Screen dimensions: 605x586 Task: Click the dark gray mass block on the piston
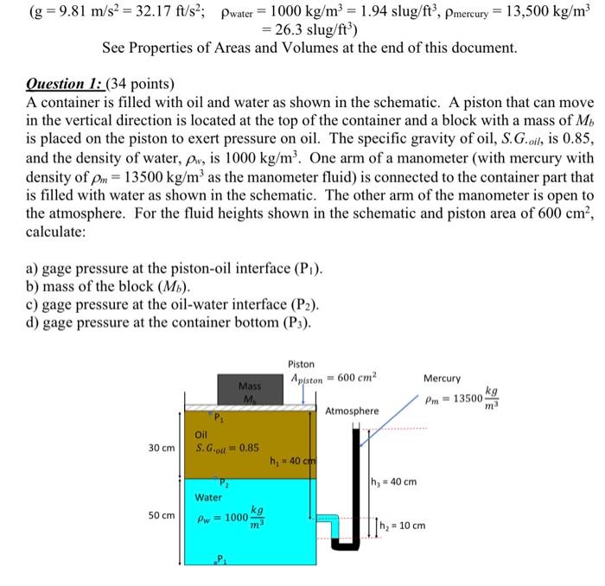point(250,391)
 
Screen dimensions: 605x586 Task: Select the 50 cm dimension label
point(161,515)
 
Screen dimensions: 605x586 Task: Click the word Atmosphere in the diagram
point(352,411)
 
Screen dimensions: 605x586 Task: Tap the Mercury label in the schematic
point(443,379)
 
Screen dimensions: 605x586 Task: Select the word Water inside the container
point(208,497)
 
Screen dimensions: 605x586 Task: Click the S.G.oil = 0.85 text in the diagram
point(227,449)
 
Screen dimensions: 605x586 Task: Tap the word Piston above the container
point(302,364)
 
